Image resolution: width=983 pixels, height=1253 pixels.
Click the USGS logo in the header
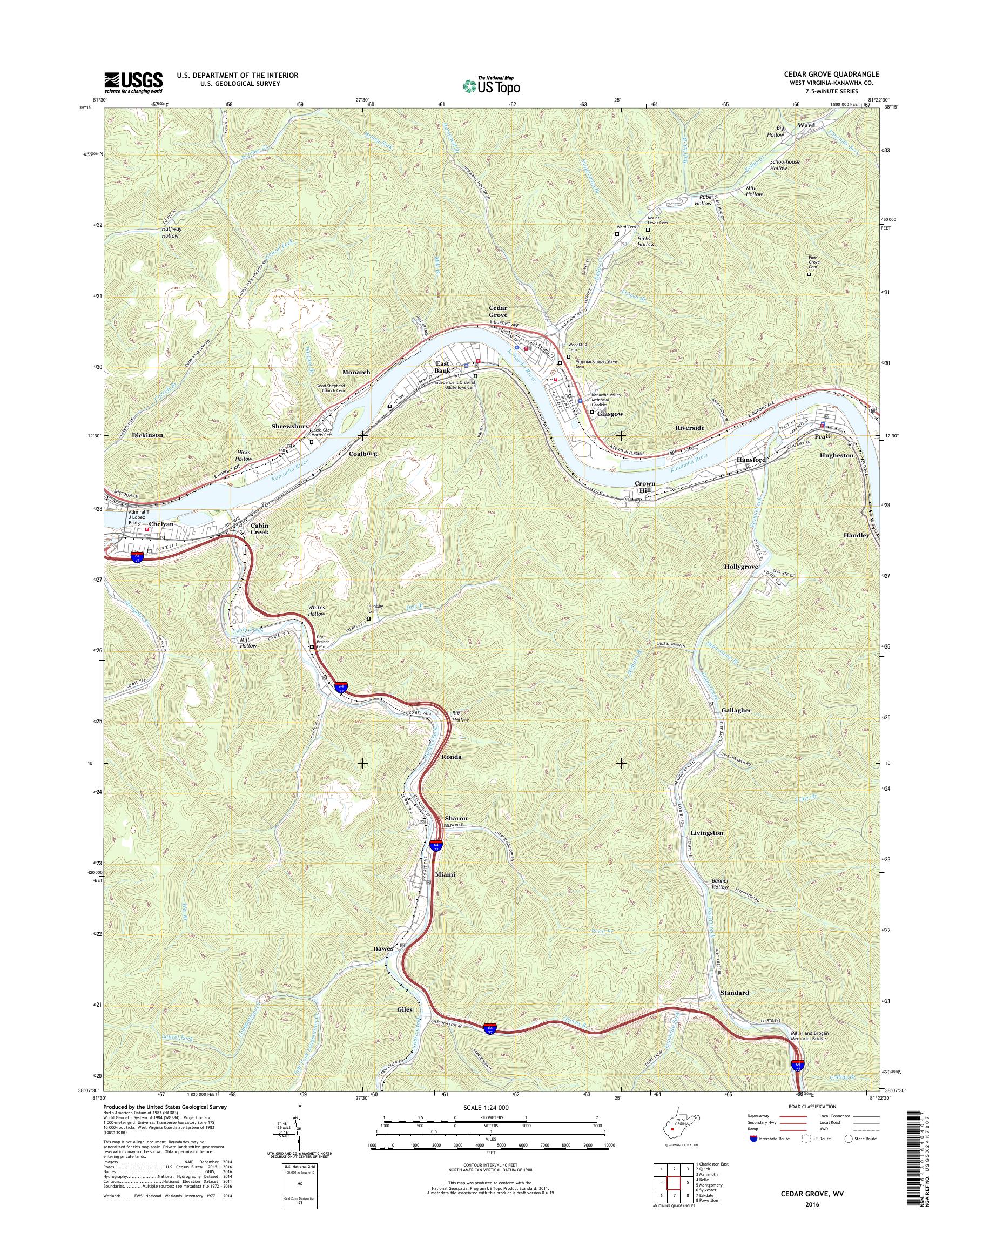point(133,83)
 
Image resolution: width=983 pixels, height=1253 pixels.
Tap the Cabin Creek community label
point(259,528)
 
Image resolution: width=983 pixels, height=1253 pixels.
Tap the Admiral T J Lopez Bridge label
point(138,517)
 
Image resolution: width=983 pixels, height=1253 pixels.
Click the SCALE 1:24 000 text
point(486,1107)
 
